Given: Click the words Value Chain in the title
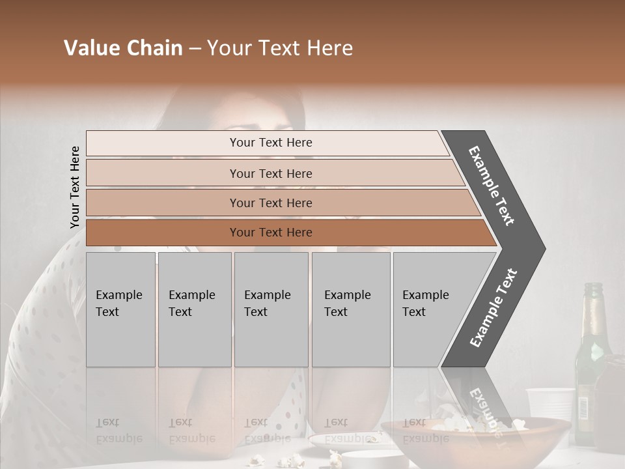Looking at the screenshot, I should tap(123, 48).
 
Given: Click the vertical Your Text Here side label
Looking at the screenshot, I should tap(75, 187).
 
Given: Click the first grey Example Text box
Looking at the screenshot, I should tap(120, 309).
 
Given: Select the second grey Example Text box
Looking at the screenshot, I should tap(194, 309).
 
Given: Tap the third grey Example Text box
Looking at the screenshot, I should tap(271, 309).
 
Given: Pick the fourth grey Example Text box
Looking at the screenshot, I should tap(350, 309).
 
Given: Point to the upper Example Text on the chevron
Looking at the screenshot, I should tap(492, 185).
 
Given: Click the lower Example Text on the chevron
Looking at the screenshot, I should tap(493, 307).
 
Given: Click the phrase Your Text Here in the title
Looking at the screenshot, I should tap(280, 48).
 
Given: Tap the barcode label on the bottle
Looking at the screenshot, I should tap(582, 408).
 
